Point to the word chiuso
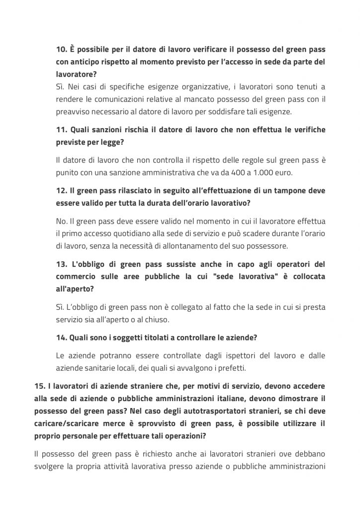point(156,319)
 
